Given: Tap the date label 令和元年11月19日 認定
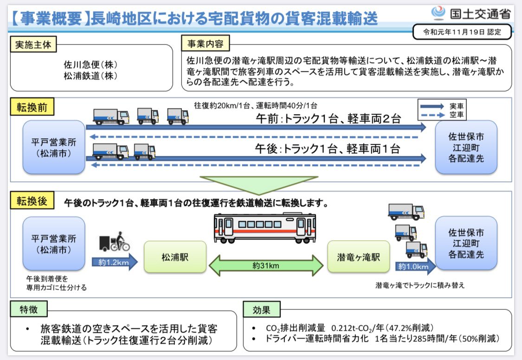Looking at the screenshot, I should [x=462, y=32].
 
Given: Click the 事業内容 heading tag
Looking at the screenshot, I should [x=205, y=45].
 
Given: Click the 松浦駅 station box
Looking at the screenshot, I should [x=175, y=257].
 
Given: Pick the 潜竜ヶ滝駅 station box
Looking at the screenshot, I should [x=359, y=257].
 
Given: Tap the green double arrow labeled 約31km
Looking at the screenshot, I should [x=266, y=266].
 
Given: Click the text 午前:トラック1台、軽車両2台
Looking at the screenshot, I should [x=328, y=119].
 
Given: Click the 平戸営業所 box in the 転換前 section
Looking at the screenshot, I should [x=54, y=147].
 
